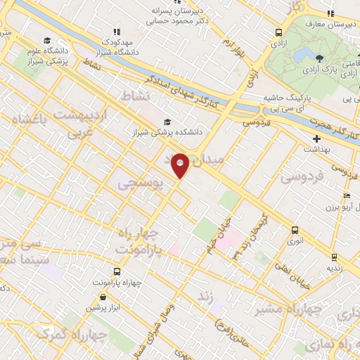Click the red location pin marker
coord(181,165)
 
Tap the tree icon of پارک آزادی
coord(321,58)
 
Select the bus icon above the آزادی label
coord(279,32)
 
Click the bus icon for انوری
coord(295,229)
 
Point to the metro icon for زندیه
coord(334,257)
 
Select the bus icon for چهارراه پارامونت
coord(117,271)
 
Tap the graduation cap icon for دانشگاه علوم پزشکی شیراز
coord(47,40)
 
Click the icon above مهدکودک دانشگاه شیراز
coord(117,32)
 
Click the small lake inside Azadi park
coord(305,55)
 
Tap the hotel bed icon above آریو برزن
coord(346,195)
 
